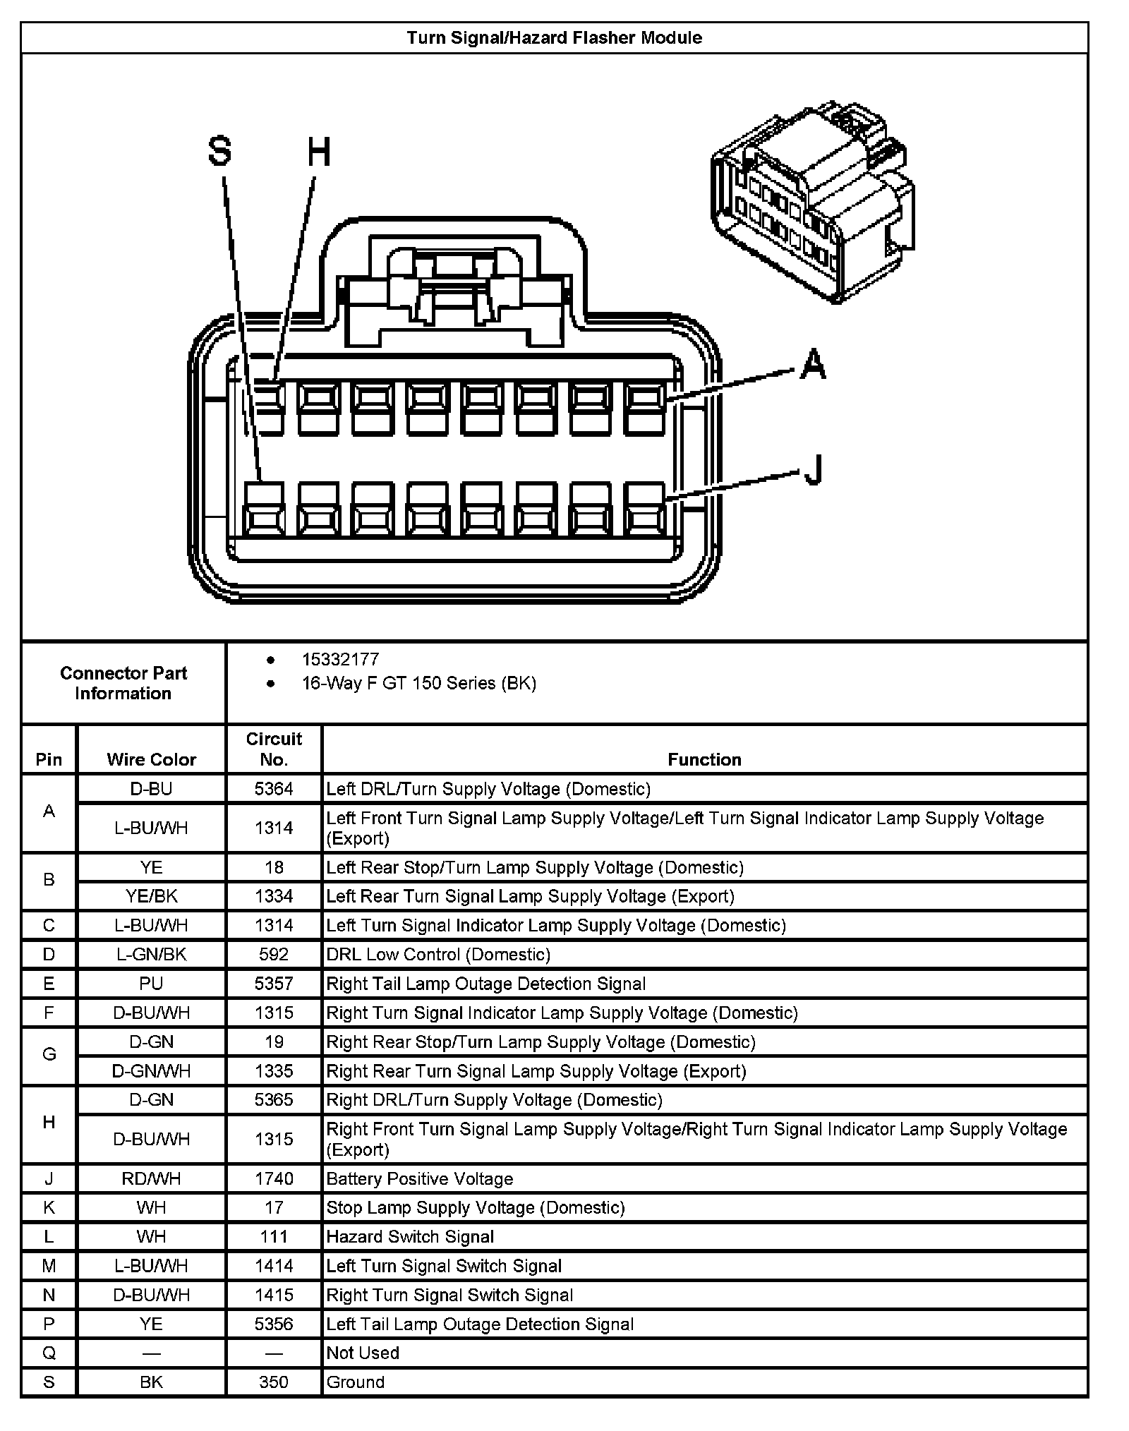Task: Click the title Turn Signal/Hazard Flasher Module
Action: click(554, 38)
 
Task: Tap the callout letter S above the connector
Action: click(219, 152)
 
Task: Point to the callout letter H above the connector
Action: click(319, 152)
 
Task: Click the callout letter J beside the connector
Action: click(814, 469)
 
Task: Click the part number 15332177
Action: click(340, 659)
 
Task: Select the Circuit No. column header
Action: click(274, 749)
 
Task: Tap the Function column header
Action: click(704, 759)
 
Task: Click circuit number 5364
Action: click(274, 788)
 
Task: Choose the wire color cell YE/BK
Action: click(151, 896)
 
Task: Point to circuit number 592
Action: click(274, 955)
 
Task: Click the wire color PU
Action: click(151, 984)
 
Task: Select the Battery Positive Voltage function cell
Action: click(420, 1179)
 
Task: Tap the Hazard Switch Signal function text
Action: click(410, 1237)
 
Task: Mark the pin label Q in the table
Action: click(49, 1353)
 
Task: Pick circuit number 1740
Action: click(274, 1179)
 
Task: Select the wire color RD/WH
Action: click(151, 1179)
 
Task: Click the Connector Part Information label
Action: click(123, 683)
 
